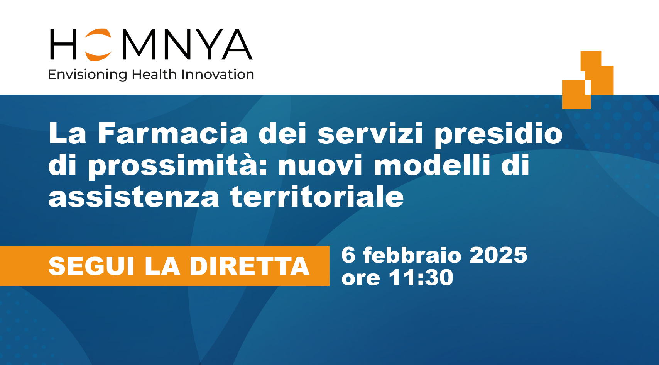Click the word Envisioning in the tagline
click(x=87, y=75)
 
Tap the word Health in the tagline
click(x=154, y=74)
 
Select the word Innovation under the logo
click(x=218, y=74)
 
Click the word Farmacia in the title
click(x=172, y=133)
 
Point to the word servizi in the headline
click(x=370, y=133)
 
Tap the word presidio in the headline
click(x=498, y=135)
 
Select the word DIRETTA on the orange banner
click(x=249, y=266)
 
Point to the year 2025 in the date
click(x=498, y=255)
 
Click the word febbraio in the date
click(x=412, y=255)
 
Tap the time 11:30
click(x=421, y=277)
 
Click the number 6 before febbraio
click(x=348, y=255)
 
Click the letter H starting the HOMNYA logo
click(x=63, y=44)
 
